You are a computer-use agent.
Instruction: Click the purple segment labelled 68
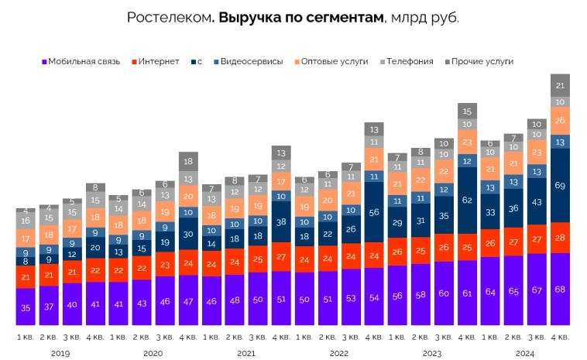coord(560,289)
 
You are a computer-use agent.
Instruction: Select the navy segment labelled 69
coord(560,185)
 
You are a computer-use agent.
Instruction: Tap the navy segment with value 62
coord(467,200)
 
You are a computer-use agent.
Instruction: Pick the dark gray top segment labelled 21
coord(560,85)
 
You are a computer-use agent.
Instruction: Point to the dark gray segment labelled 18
coord(188,162)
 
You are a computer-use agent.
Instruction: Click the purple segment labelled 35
coord(26,307)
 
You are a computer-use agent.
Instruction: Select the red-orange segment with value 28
coord(560,238)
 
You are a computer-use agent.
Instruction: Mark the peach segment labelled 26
coord(560,121)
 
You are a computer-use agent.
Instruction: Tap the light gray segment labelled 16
coord(26,221)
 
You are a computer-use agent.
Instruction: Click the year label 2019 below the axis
coord(60,353)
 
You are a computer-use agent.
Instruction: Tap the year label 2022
coord(339,353)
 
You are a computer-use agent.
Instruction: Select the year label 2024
coord(525,353)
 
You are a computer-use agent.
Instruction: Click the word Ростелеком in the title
coord(168,18)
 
